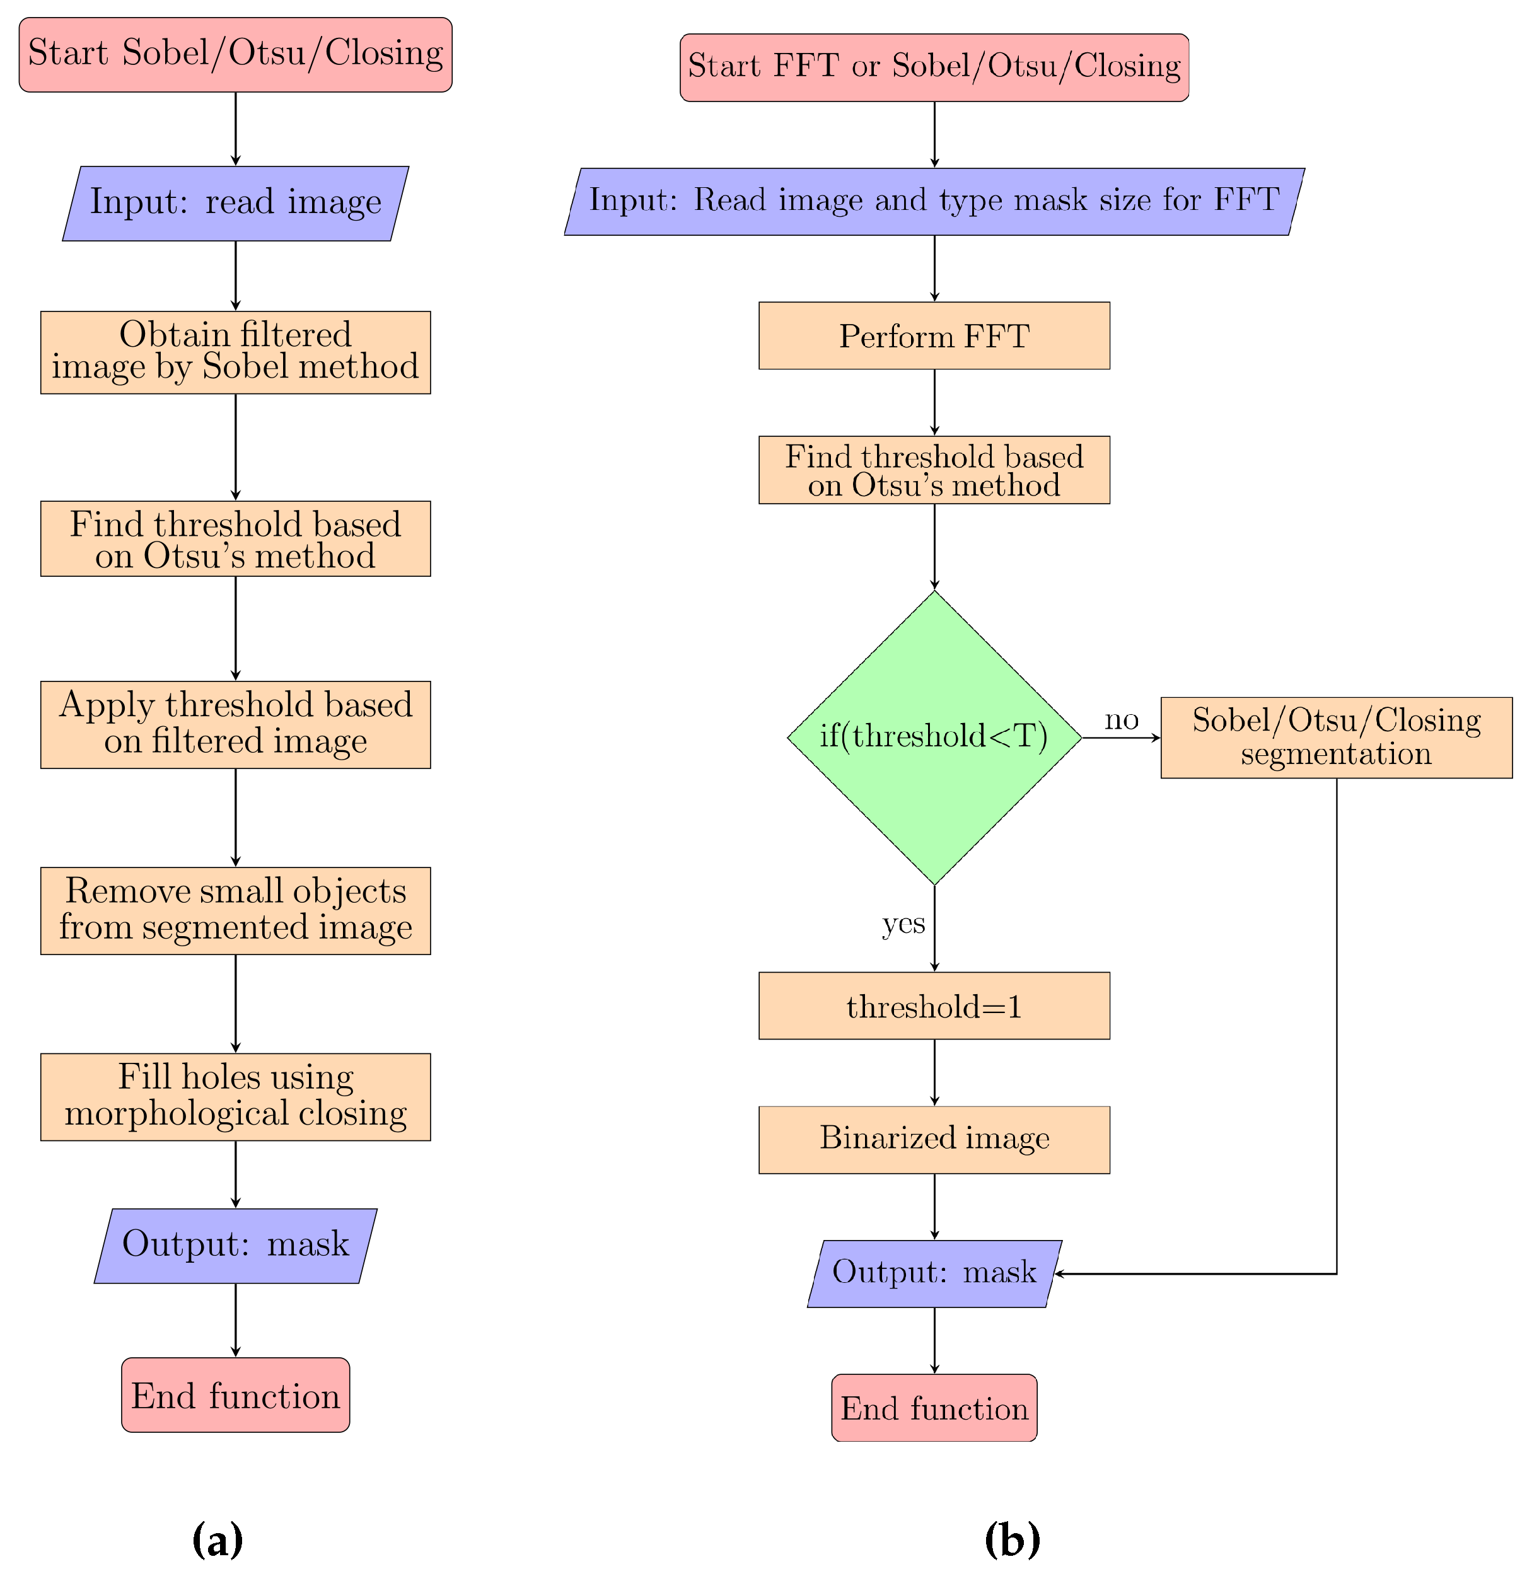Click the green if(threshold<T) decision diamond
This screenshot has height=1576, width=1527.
point(934,738)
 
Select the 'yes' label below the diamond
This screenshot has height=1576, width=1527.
point(903,923)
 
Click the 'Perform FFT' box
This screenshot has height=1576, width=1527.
point(934,336)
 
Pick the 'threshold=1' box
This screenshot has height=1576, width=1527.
point(934,1006)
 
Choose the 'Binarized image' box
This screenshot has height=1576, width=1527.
point(934,1139)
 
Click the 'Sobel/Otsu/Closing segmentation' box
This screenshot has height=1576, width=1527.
point(1335,738)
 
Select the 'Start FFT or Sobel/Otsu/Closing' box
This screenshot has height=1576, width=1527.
point(934,67)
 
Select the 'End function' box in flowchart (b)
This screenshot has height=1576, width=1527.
point(934,1408)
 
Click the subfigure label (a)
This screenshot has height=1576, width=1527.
point(217,1540)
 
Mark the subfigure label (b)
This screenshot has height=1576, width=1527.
point(1011,1540)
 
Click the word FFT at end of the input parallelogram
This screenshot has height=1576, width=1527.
point(1246,199)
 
